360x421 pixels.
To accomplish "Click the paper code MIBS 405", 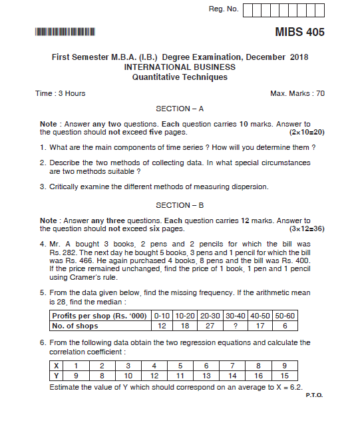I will (x=299, y=32).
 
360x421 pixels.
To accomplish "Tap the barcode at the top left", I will (x=65, y=31).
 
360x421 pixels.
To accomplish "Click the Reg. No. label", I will (x=223, y=9).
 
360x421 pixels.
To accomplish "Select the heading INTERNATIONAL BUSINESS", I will (x=180, y=67).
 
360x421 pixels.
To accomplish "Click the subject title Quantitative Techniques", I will (x=180, y=77).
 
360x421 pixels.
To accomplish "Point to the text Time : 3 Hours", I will (x=61, y=93).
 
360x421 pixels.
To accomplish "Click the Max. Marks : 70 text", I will (x=297, y=93).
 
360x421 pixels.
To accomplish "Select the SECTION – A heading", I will (x=180, y=108).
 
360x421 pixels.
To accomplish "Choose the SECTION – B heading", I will (x=180, y=205).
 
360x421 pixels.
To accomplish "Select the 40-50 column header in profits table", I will (x=260, y=316).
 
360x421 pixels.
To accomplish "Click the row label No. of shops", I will (x=75, y=326).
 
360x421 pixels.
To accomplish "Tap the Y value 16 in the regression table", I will (x=259, y=375).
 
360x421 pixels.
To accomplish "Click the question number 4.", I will (x=43, y=244).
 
